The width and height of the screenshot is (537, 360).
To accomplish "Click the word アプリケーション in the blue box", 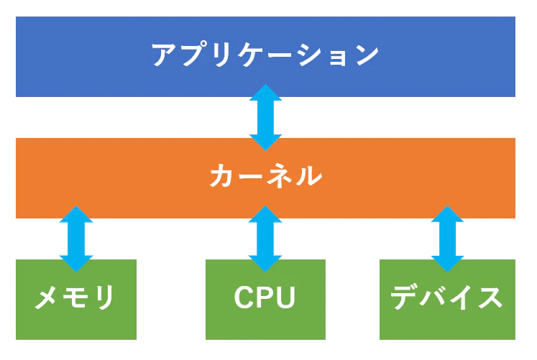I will coord(265,56).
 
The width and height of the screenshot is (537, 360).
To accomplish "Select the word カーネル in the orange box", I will coord(265,177).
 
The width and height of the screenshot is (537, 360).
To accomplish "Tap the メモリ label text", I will coord(75,298).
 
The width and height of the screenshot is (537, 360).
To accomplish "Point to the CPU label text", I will coord(265,298).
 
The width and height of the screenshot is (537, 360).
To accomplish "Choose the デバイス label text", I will coord(446,298).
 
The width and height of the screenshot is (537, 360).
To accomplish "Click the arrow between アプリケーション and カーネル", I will coord(265,117).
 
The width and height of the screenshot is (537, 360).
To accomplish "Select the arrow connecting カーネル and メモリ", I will coord(76,238).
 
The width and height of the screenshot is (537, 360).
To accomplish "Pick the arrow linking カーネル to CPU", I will coord(265,238).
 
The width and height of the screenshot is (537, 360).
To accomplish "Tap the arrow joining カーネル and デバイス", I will coord(447,238).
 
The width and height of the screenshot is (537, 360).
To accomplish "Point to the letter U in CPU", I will coord(285,298).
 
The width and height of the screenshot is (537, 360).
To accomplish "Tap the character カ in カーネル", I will coord(224,177).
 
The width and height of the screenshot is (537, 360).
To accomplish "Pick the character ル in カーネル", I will coord(308,177).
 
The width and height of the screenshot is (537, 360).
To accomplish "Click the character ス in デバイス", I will coord(489,298).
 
